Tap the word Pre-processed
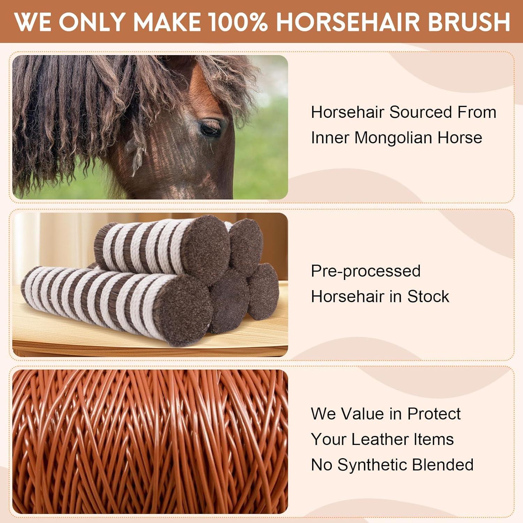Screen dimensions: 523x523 366,271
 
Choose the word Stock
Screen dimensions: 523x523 428,297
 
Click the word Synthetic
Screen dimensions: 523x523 372,465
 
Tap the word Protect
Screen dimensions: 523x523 434,414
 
